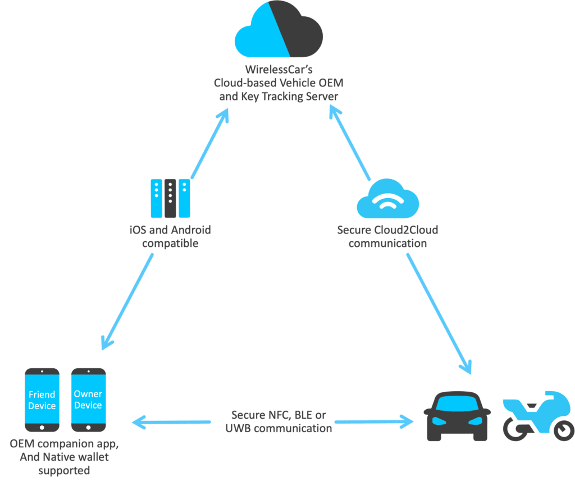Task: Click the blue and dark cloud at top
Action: click(x=279, y=31)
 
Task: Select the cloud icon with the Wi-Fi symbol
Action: click(x=387, y=199)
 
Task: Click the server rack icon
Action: click(x=170, y=198)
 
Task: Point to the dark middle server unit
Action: click(x=170, y=198)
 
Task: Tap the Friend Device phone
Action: click(x=42, y=400)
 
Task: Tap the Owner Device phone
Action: click(x=88, y=400)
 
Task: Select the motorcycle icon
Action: click(x=538, y=415)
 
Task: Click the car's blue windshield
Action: click(x=457, y=404)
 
